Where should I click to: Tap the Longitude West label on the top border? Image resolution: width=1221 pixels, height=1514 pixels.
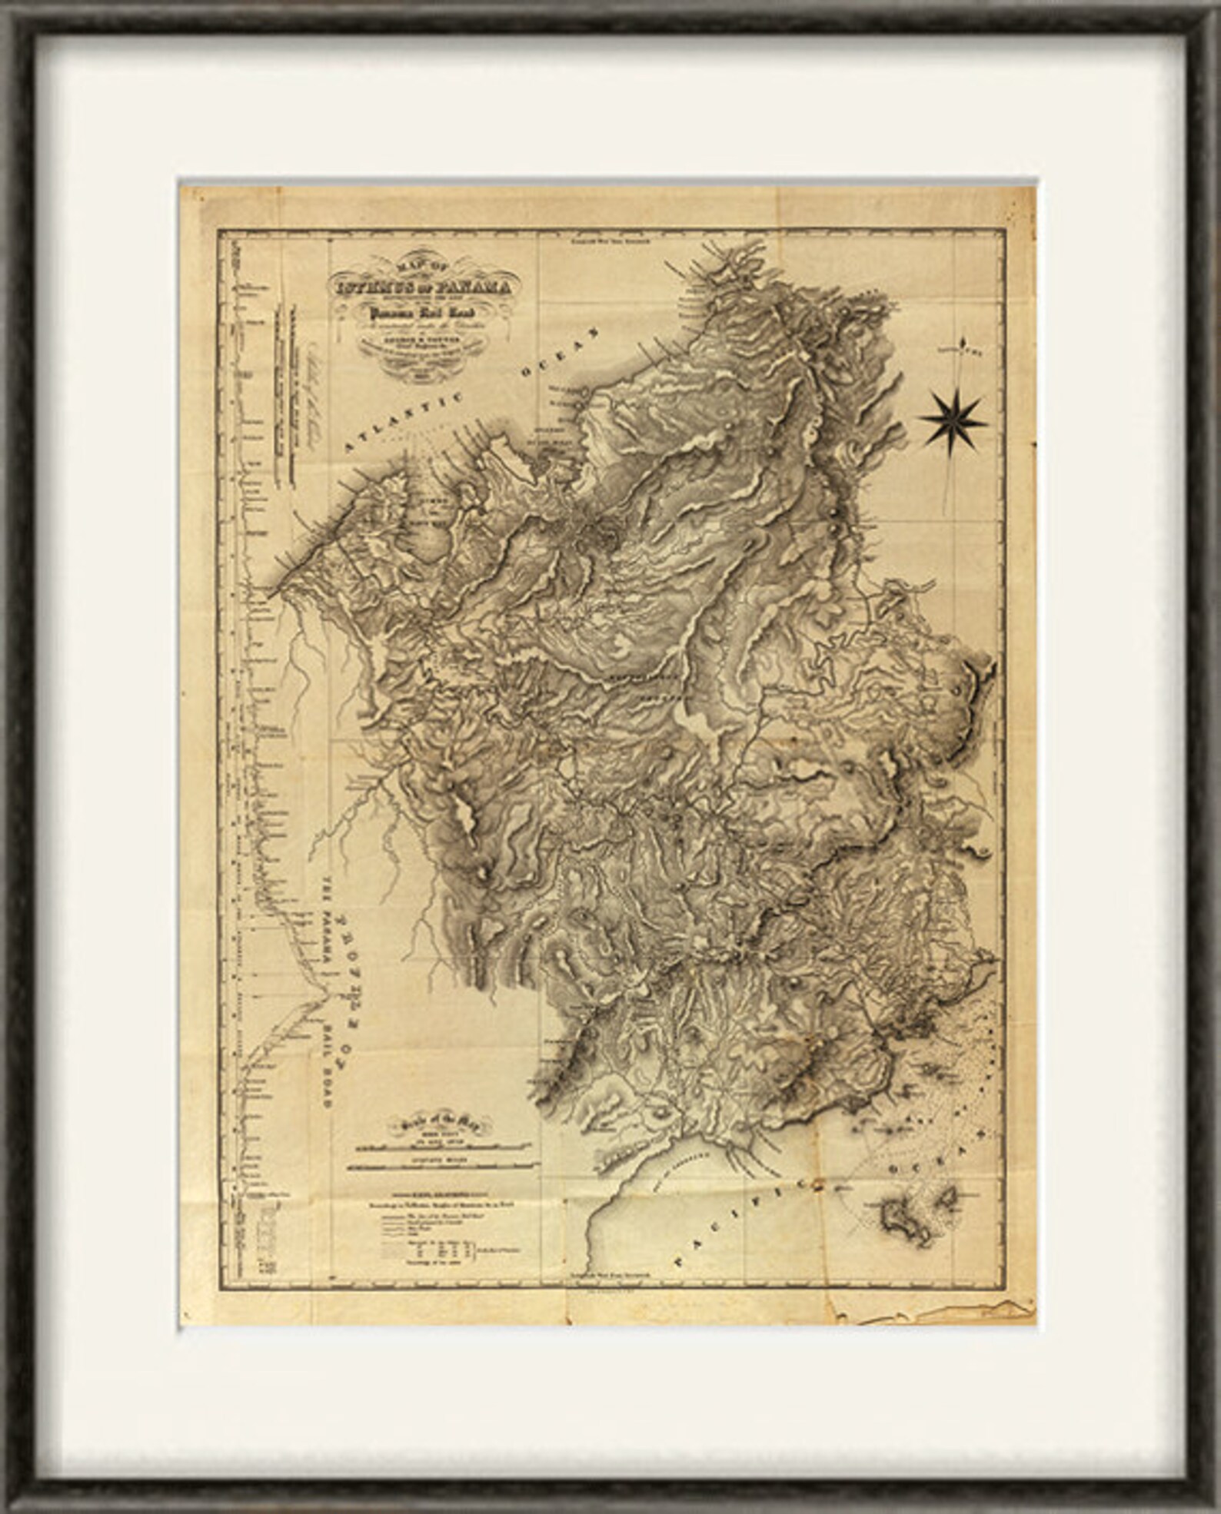[x=609, y=238]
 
